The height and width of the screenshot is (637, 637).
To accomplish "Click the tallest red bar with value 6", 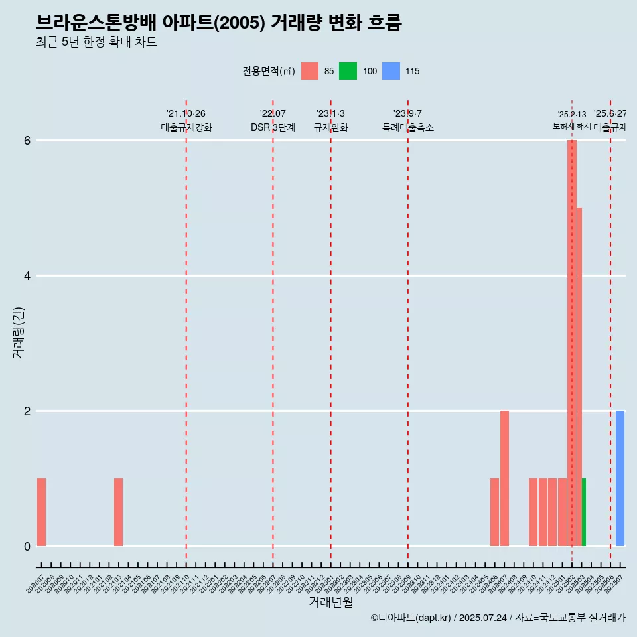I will coord(571,342).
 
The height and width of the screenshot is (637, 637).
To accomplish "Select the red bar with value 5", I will coord(579,376).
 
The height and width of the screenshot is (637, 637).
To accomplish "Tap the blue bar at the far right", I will coord(620,478).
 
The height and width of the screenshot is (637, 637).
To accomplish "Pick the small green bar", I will coord(584,512).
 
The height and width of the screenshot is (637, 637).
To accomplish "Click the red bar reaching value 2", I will coord(504,478).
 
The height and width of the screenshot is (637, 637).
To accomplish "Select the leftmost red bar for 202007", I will coord(41,512).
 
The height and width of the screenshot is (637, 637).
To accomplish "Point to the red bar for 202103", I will coord(118,512).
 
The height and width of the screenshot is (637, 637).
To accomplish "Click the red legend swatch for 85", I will coord(310,71).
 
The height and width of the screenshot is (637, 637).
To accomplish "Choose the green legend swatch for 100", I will coord(348,71).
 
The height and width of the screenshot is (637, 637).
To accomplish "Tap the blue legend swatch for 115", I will coord(391,71).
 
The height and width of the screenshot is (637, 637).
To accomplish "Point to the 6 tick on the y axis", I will coord(27,141).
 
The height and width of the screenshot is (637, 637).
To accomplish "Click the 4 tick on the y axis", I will coord(27,276).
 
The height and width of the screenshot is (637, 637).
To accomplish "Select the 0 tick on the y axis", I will coord(27,547).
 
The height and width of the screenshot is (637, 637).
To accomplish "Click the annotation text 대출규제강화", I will coord(186,128).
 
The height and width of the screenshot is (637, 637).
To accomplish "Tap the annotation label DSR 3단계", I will coord(273,128).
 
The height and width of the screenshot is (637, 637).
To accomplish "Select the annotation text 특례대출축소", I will coord(407,128).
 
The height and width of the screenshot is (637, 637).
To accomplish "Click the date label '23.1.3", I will coord(330,114).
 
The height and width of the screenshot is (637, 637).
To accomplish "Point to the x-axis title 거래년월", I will coord(330,602).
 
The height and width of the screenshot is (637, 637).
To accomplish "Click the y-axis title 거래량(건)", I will coord(18,332).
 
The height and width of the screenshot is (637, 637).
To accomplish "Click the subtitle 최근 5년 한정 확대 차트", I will coord(96,42).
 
